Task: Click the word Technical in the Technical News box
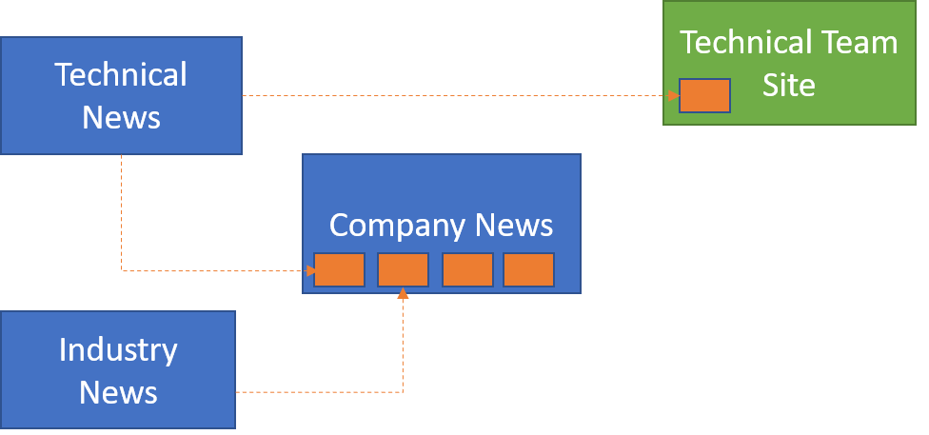pos(121,74)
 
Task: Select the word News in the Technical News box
pos(121,117)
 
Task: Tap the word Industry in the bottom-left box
pos(118,349)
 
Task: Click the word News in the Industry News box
pos(118,392)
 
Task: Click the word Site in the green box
pos(789,86)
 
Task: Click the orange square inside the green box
pos(704,96)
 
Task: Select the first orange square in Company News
pos(340,270)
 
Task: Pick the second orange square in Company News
pos(403,270)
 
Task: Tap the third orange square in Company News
pos(467,270)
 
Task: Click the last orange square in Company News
pos(528,270)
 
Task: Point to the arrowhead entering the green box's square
pos(673,96)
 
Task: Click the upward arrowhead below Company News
pos(403,294)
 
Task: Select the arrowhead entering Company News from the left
pos(309,271)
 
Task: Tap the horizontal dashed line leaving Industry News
pos(314,392)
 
